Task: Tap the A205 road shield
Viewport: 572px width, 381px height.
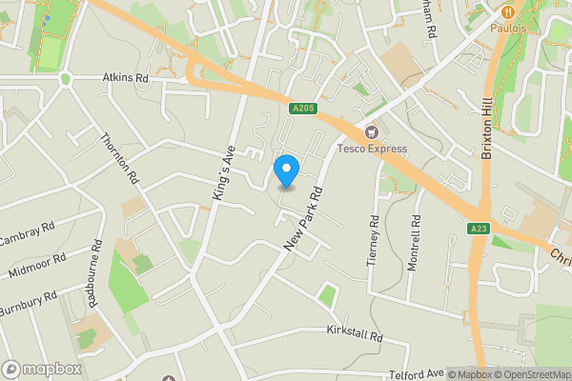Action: coord(302,110)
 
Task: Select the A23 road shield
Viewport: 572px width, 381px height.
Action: coord(479,229)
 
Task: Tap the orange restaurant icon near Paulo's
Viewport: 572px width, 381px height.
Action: coord(508,11)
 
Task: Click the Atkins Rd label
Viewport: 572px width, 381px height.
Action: coord(126,78)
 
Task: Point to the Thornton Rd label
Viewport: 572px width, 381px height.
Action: coord(120,158)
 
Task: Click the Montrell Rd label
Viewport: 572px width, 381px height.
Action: coord(414,242)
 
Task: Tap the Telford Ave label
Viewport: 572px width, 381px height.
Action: coord(417,373)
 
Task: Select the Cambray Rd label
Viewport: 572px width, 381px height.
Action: coord(27,235)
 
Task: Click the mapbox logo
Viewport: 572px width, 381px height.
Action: coord(42,369)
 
